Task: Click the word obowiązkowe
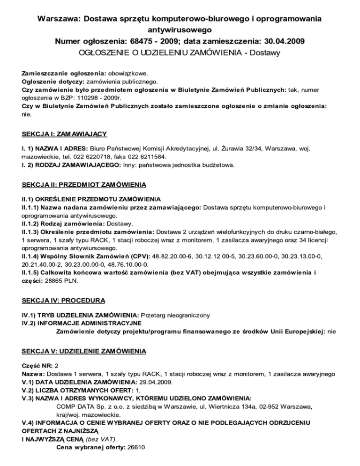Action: (x=128, y=74)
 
